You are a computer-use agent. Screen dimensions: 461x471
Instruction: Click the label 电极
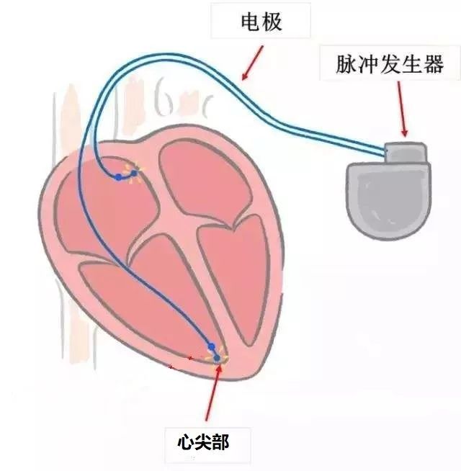[x=261, y=22]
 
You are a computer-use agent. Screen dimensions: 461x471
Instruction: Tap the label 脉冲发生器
[x=390, y=64]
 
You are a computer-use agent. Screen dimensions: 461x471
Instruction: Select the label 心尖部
[x=203, y=442]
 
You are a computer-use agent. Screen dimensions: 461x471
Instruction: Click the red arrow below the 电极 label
[x=252, y=63]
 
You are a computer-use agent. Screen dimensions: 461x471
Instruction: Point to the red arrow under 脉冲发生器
[x=402, y=109]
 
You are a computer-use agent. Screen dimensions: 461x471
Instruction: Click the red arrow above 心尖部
[x=212, y=392]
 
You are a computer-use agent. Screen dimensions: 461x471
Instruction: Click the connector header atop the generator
[x=406, y=152]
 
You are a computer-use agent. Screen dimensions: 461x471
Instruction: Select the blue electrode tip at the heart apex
[x=217, y=358]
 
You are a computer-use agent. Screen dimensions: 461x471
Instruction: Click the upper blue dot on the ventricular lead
[x=212, y=347]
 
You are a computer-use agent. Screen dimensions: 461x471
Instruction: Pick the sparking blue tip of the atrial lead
[x=134, y=174]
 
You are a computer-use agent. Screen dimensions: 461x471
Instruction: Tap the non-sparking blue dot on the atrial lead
[x=119, y=177]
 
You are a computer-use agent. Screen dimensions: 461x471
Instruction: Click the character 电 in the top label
[x=251, y=22]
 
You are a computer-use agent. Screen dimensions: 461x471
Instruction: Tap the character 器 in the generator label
[x=434, y=64]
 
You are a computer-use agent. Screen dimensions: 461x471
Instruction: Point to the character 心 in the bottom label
[x=187, y=442]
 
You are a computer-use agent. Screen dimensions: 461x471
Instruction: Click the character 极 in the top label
[x=272, y=22]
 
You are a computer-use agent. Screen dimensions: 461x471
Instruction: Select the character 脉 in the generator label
[x=346, y=64]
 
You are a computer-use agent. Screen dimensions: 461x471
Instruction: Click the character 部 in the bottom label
[x=221, y=442]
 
